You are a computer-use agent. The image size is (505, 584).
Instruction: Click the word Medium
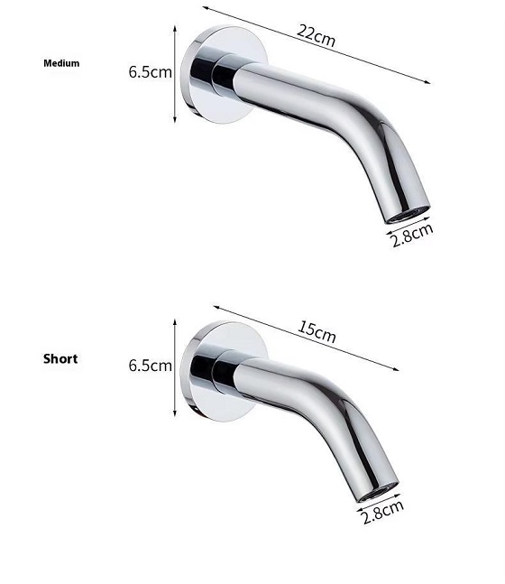(61, 63)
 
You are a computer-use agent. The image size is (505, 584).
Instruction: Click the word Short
(60, 359)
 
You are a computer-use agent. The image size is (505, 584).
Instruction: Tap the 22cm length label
(316, 36)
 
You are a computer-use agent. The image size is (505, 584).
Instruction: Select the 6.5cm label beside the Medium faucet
(151, 72)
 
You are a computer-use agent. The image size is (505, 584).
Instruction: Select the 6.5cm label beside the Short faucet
(151, 366)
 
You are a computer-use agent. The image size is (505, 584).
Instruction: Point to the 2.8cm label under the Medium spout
(412, 236)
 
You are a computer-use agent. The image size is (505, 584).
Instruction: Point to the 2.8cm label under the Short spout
(383, 512)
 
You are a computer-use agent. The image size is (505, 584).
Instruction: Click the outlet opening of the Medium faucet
(408, 215)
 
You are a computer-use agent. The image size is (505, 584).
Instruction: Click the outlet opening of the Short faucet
(377, 492)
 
